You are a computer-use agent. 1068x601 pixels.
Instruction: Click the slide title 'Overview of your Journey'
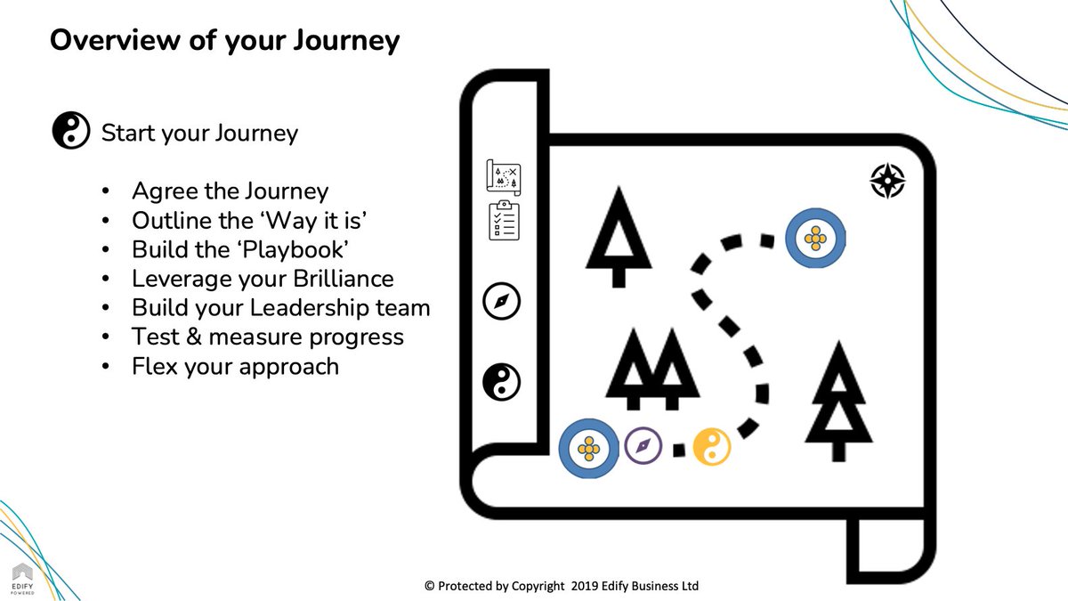pyautogui.click(x=224, y=40)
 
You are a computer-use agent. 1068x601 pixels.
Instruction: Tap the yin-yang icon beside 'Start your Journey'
pyautogui.click(x=71, y=132)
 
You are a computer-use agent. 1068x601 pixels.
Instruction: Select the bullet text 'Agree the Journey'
pyautogui.click(x=230, y=191)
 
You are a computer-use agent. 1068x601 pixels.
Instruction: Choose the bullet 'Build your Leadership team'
pyautogui.click(x=280, y=308)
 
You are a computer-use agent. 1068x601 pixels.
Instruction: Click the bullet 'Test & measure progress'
pyautogui.click(x=267, y=337)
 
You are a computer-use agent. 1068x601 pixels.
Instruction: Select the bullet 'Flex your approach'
pyautogui.click(x=235, y=366)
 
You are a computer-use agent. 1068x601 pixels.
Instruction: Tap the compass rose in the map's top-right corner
pyautogui.click(x=886, y=180)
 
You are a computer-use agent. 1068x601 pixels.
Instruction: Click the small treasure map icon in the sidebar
pyautogui.click(x=503, y=175)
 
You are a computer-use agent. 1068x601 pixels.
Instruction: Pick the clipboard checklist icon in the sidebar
pyautogui.click(x=503, y=221)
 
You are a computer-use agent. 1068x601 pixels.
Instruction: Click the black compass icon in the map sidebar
pyautogui.click(x=501, y=301)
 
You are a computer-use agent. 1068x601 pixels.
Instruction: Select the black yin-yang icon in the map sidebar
pyautogui.click(x=501, y=382)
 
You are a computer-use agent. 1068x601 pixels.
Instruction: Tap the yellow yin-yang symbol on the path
pyautogui.click(x=711, y=446)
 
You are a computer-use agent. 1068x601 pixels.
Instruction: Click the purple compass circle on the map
pyautogui.click(x=643, y=445)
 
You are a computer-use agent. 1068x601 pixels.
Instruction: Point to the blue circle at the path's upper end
pyautogui.click(x=814, y=238)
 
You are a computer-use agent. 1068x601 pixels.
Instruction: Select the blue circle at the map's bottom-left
pyautogui.click(x=587, y=447)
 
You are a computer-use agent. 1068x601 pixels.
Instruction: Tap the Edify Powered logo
pyautogui.click(x=22, y=579)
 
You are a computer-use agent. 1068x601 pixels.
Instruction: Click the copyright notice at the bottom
pyautogui.click(x=562, y=586)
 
